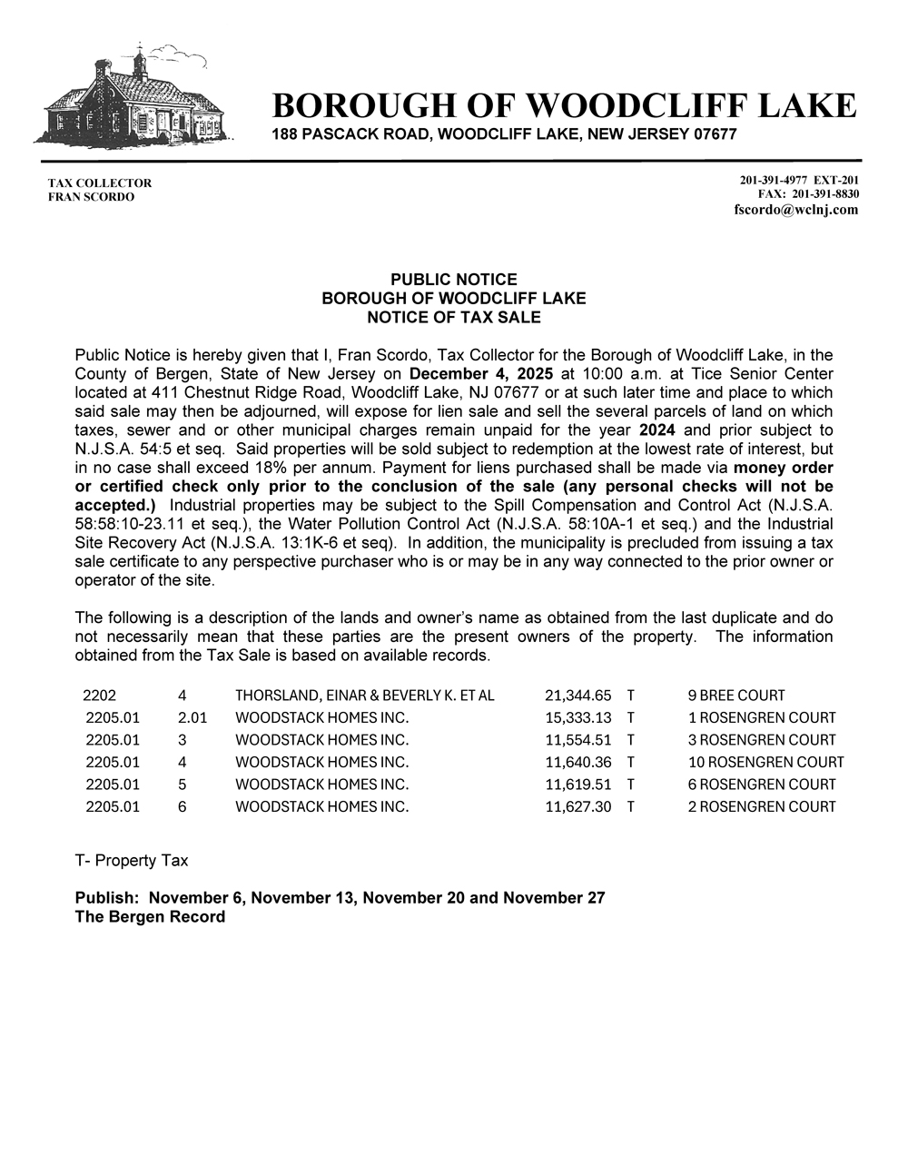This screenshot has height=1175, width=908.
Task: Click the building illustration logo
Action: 134,97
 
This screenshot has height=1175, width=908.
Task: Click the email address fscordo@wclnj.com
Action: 795,210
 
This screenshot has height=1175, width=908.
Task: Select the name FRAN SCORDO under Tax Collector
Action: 91,197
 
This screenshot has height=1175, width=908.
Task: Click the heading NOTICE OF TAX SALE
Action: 453,317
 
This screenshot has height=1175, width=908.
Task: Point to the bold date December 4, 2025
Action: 481,373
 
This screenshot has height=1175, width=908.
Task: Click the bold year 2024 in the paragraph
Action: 656,430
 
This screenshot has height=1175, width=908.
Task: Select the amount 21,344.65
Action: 577,696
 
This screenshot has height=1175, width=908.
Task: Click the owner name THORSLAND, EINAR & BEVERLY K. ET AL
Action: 364,696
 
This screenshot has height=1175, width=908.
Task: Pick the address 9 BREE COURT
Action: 736,696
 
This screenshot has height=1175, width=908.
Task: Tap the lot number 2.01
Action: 192,717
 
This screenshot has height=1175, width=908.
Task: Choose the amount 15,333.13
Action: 577,717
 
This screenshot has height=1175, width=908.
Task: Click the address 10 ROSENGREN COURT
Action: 765,762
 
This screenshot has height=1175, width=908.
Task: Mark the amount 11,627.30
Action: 577,806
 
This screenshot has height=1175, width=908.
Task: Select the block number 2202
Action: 100,696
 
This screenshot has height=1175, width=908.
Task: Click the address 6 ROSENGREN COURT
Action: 762,785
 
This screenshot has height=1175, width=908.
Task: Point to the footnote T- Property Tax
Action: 132,860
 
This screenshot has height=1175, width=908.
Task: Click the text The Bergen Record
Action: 150,917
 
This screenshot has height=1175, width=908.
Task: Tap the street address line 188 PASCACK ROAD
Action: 504,134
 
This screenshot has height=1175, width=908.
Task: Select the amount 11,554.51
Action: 577,740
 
